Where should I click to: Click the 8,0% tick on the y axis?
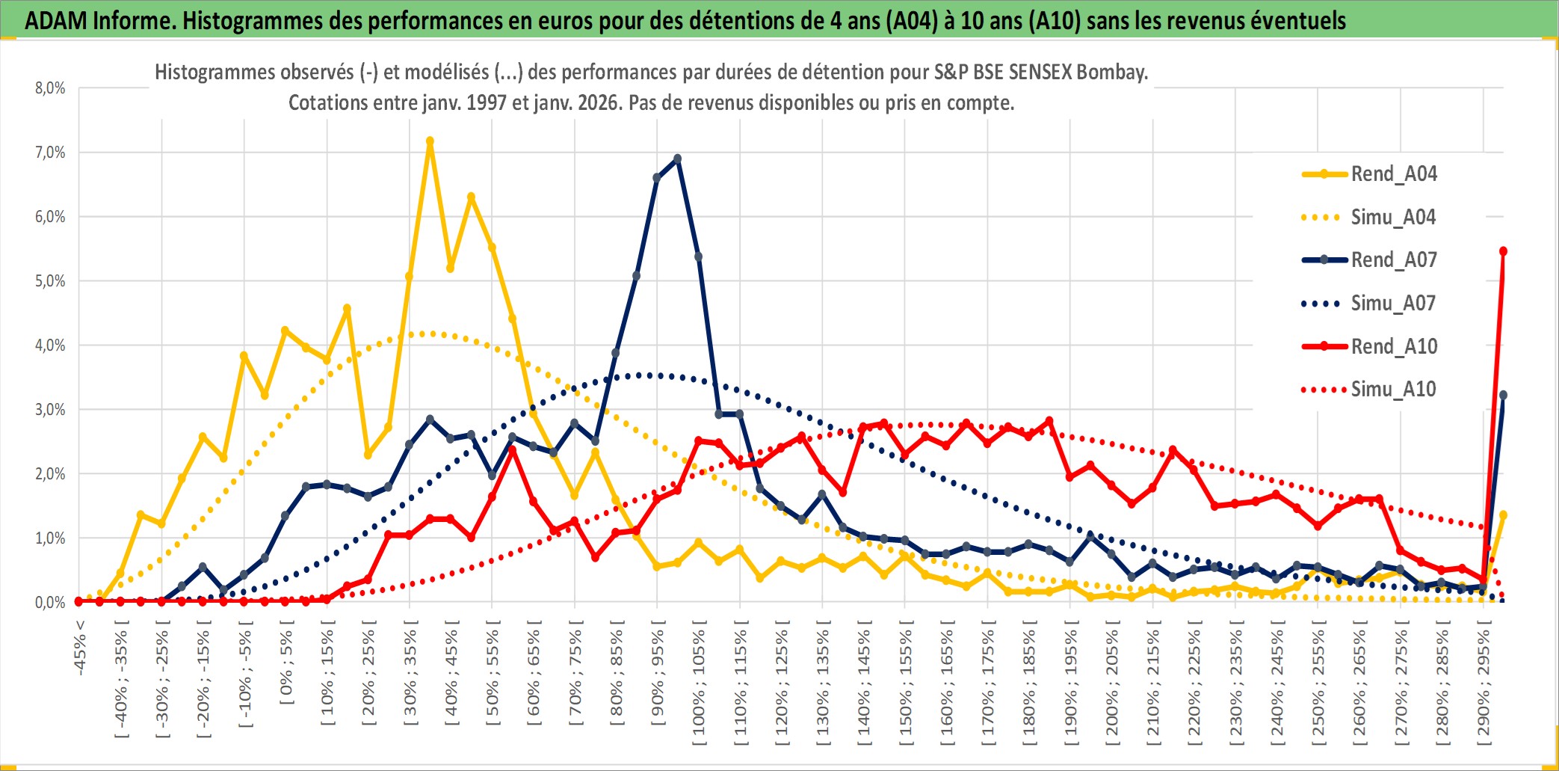[x=50, y=88]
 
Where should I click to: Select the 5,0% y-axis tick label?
[x=50, y=281]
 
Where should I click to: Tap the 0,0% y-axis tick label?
[x=50, y=603]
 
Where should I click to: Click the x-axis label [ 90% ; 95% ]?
[x=658, y=677]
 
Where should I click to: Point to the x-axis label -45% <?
[x=80, y=648]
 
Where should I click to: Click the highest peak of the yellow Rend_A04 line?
[x=430, y=141]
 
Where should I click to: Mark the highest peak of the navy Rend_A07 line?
[x=678, y=159]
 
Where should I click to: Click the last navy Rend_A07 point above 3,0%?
[x=1503, y=395]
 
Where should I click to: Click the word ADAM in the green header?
[x=55, y=20]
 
